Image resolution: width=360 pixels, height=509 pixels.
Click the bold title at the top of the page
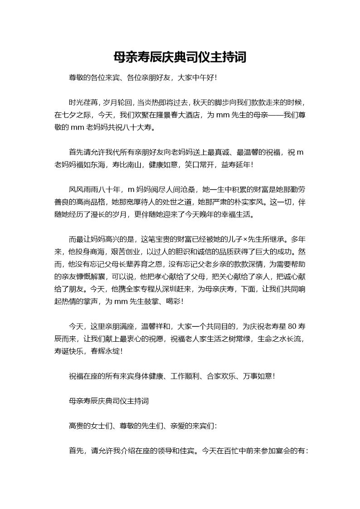pyautogui.click(x=180, y=57)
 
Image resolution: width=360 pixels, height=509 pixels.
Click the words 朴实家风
pyautogui.click(x=249, y=202)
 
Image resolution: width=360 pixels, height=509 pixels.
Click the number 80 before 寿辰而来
pyautogui.click(x=292, y=326)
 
